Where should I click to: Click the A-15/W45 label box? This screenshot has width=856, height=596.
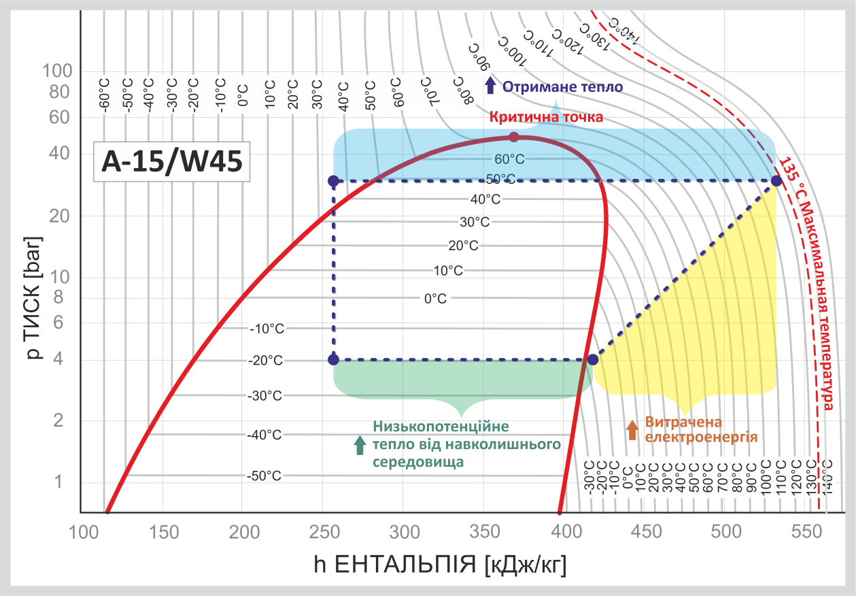pyautogui.click(x=171, y=162)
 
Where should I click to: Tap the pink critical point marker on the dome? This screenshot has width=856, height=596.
pyautogui.click(x=514, y=137)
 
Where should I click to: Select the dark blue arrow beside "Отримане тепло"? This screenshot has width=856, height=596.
pyautogui.click(x=490, y=86)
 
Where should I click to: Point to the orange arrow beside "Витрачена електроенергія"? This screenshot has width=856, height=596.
pyautogui.click(x=632, y=429)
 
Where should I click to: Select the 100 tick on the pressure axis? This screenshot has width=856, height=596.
pyautogui.click(x=57, y=70)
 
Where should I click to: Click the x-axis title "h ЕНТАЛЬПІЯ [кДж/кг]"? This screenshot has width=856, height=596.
pyautogui.click(x=440, y=564)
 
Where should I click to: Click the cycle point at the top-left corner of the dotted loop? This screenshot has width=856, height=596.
pyautogui.click(x=333, y=181)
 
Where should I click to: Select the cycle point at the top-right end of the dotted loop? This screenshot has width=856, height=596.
pyautogui.click(x=776, y=181)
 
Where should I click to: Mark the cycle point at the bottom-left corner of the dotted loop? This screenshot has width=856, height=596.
pyautogui.click(x=333, y=359)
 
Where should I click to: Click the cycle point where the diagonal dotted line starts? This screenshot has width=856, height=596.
pyautogui.click(x=592, y=359)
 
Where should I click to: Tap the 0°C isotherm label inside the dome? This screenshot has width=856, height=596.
pyautogui.click(x=435, y=298)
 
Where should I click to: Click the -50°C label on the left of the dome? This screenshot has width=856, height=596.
pyautogui.click(x=264, y=476)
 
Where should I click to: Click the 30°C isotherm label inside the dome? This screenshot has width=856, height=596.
pyautogui.click(x=475, y=222)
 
